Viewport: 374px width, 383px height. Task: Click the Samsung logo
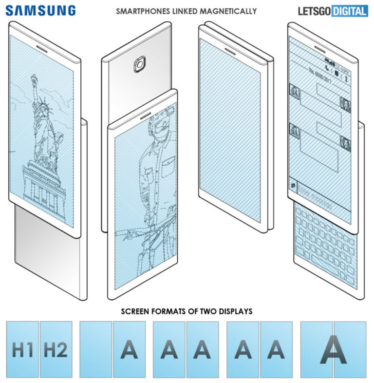coord(41,10)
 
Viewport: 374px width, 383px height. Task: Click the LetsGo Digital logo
coord(332,11)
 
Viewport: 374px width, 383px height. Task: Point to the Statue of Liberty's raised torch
coord(34,78)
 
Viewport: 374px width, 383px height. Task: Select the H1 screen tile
coord(22,349)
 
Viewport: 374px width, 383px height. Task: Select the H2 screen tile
coord(56,349)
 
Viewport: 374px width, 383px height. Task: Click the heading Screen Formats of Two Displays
coord(187,311)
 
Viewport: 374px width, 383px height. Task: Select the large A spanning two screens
coord(334,349)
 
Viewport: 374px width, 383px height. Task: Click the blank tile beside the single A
coord(96,349)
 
